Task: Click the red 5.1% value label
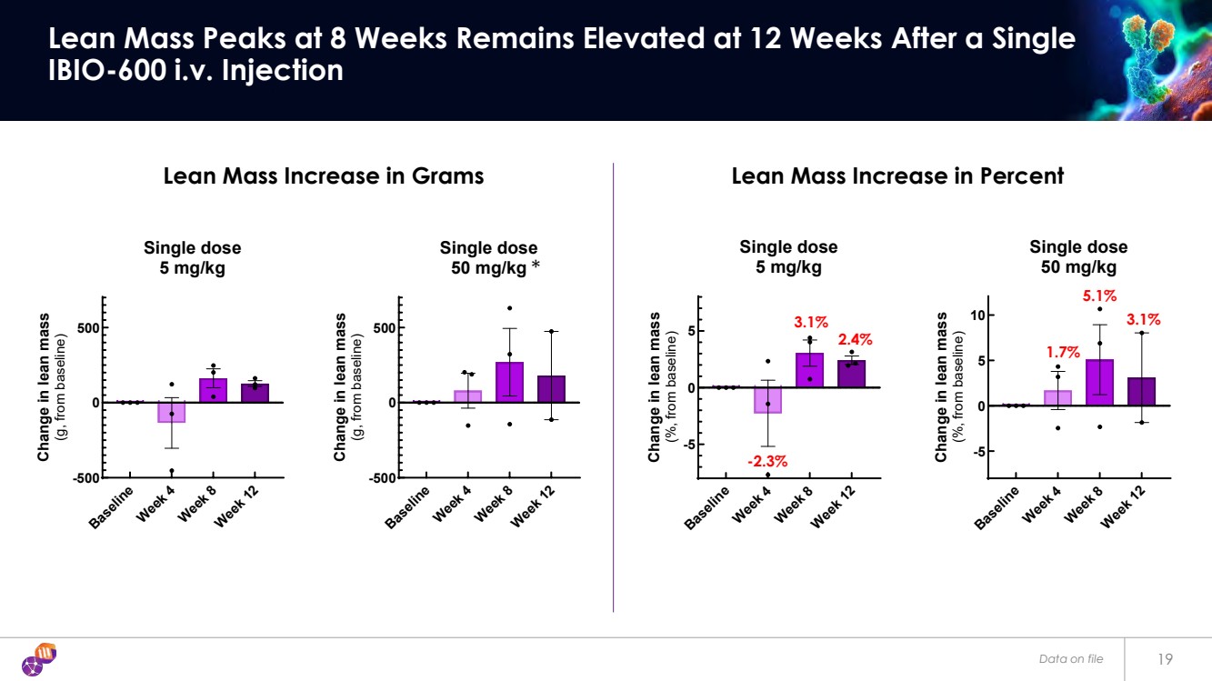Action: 1099,296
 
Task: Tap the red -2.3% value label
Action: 767,462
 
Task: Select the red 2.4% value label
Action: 854,339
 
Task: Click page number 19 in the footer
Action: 1166,658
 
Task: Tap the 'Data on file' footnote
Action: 1071,658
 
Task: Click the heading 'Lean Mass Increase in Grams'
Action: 323,176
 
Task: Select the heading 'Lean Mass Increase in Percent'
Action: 897,176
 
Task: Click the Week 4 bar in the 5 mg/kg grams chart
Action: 171,412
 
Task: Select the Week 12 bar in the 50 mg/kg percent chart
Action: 1141,392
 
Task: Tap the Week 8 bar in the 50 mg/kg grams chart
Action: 509,382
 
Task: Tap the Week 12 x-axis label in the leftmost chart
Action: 238,506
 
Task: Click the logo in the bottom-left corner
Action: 39,658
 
